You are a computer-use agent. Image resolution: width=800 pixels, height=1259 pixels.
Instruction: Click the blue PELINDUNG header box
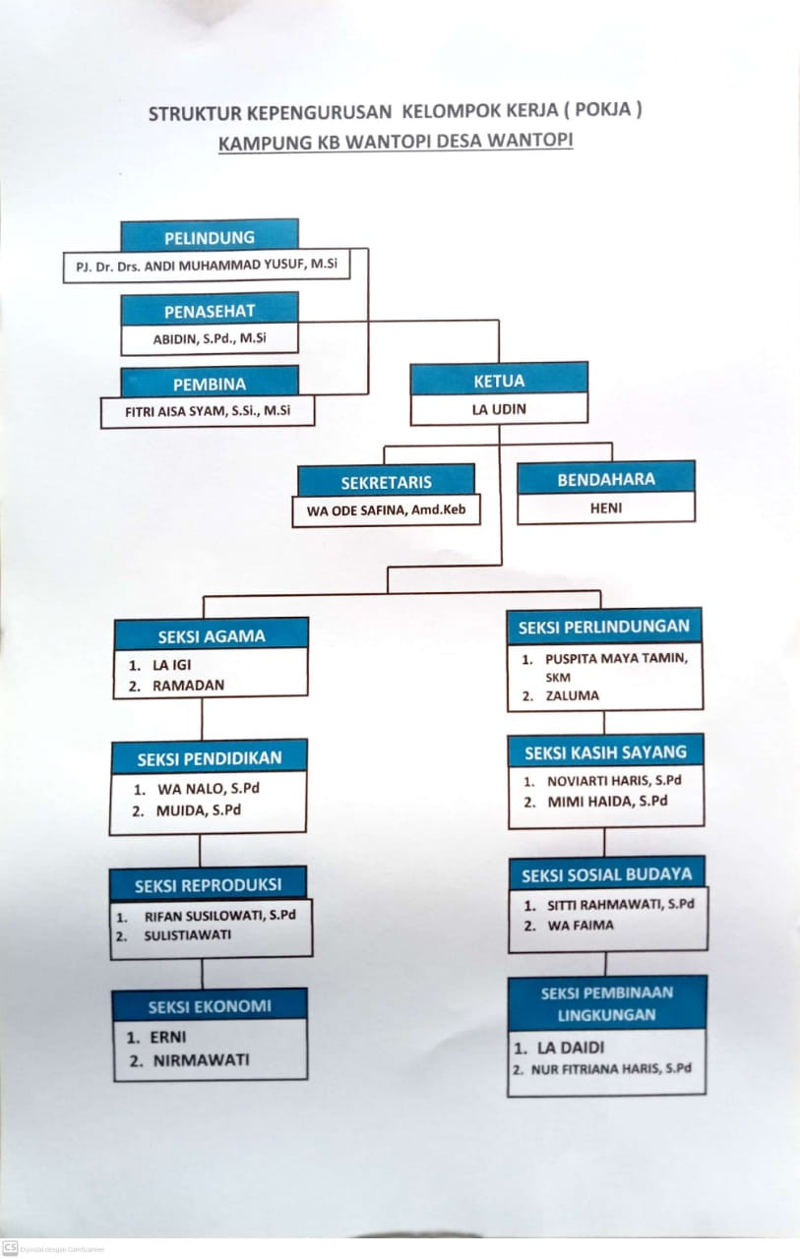click(x=209, y=237)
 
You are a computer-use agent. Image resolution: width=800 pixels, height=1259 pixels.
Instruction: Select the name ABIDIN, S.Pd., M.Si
click(x=210, y=339)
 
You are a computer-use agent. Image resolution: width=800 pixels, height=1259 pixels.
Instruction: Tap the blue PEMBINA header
click(x=209, y=383)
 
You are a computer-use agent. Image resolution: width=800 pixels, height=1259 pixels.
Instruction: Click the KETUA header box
click(x=499, y=380)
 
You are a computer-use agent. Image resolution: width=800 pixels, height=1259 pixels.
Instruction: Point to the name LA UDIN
click(x=499, y=409)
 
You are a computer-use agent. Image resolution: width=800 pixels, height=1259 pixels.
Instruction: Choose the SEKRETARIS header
click(x=386, y=483)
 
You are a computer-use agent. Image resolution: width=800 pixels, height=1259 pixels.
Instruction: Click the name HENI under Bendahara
click(x=606, y=509)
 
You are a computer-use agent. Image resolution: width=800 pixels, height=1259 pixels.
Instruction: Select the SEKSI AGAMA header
click(x=212, y=635)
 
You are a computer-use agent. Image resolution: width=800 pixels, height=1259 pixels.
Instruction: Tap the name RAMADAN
click(x=188, y=686)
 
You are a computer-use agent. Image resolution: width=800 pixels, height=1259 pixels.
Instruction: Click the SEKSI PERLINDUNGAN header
click(x=604, y=626)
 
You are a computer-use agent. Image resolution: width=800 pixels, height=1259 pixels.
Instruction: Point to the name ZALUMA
click(x=573, y=695)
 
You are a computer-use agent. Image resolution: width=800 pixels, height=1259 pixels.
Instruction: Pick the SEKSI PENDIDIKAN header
click(x=209, y=757)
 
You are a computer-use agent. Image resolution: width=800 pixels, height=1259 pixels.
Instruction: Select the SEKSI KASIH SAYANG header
click(x=605, y=752)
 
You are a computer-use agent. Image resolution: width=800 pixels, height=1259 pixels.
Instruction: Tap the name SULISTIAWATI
click(x=188, y=934)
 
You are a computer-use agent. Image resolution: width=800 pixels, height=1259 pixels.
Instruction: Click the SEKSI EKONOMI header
click(x=210, y=1006)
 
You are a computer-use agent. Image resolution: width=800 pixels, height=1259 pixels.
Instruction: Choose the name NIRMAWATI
click(x=201, y=1059)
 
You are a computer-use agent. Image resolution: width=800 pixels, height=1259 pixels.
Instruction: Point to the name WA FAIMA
click(x=581, y=926)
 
